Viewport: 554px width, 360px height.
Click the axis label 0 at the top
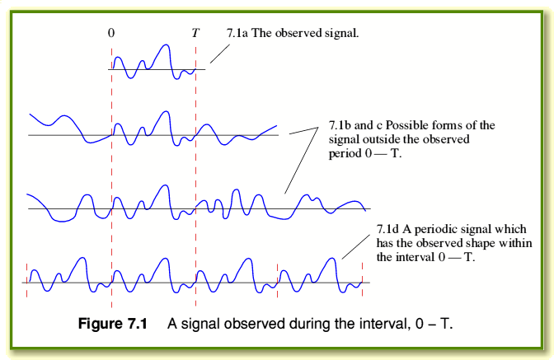point(111,34)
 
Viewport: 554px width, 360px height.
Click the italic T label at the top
point(195,34)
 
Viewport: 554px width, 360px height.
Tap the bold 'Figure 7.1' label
point(112,323)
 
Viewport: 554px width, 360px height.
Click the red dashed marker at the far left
point(26,280)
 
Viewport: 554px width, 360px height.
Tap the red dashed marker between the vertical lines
point(279,280)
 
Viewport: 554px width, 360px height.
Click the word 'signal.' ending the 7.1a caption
point(344,34)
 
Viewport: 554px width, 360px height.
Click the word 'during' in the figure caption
point(303,323)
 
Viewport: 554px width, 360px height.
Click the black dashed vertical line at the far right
point(363,280)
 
